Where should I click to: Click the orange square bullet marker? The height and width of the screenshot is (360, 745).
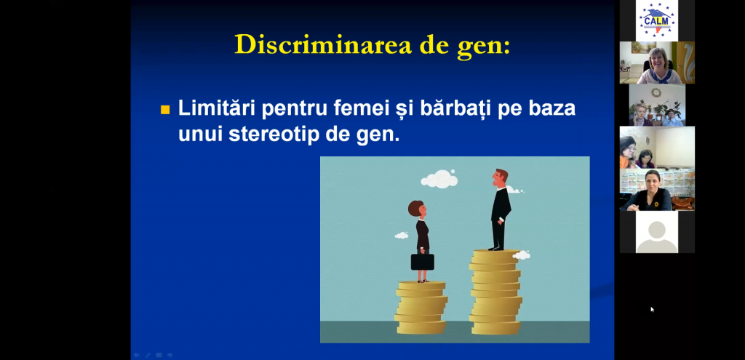(165, 110)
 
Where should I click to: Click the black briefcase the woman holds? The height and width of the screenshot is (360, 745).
(423, 261)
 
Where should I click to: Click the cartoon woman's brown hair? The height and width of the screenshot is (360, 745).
(415, 209)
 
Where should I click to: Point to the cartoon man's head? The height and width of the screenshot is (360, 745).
(500, 177)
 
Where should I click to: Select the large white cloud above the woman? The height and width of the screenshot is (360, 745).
(439, 179)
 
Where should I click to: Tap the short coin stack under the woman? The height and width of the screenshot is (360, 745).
(421, 308)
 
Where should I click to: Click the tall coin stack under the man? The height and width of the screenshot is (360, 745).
(495, 292)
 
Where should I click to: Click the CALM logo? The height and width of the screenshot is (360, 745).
(657, 20)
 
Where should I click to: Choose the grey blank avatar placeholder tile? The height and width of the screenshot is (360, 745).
(657, 232)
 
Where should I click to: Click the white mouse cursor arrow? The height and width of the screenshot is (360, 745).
(653, 310)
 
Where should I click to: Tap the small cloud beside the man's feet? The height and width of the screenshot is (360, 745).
(521, 255)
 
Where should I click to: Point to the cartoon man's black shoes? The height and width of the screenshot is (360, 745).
(496, 248)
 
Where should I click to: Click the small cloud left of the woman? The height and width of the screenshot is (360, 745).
(402, 235)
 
